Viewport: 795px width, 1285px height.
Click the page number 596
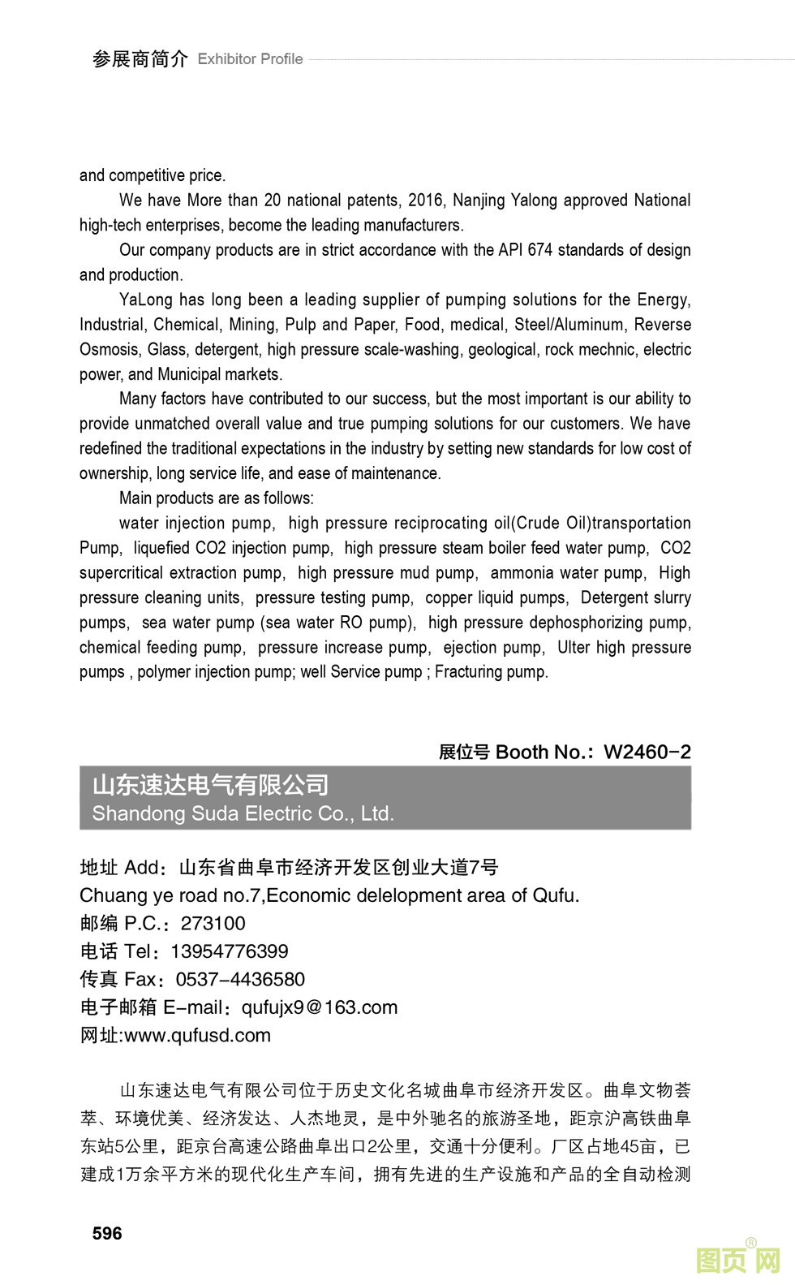tap(107, 1233)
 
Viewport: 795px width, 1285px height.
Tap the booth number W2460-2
tap(647, 752)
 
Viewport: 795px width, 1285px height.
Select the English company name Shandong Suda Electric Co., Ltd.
tap(243, 813)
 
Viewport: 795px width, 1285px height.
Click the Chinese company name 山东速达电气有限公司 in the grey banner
tap(210, 785)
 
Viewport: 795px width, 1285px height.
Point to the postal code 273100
tap(213, 923)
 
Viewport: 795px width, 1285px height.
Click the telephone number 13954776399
tap(229, 951)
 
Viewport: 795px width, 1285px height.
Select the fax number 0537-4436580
tap(240, 979)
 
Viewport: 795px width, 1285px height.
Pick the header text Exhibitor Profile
tap(250, 59)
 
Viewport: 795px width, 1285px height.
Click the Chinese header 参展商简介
tap(140, 59)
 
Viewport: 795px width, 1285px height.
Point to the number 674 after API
tap(539, 250)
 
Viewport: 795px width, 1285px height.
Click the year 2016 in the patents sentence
tap(426, 201)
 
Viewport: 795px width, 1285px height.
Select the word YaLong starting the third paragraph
tap(146, 300)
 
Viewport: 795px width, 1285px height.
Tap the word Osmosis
tap(109, 350)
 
